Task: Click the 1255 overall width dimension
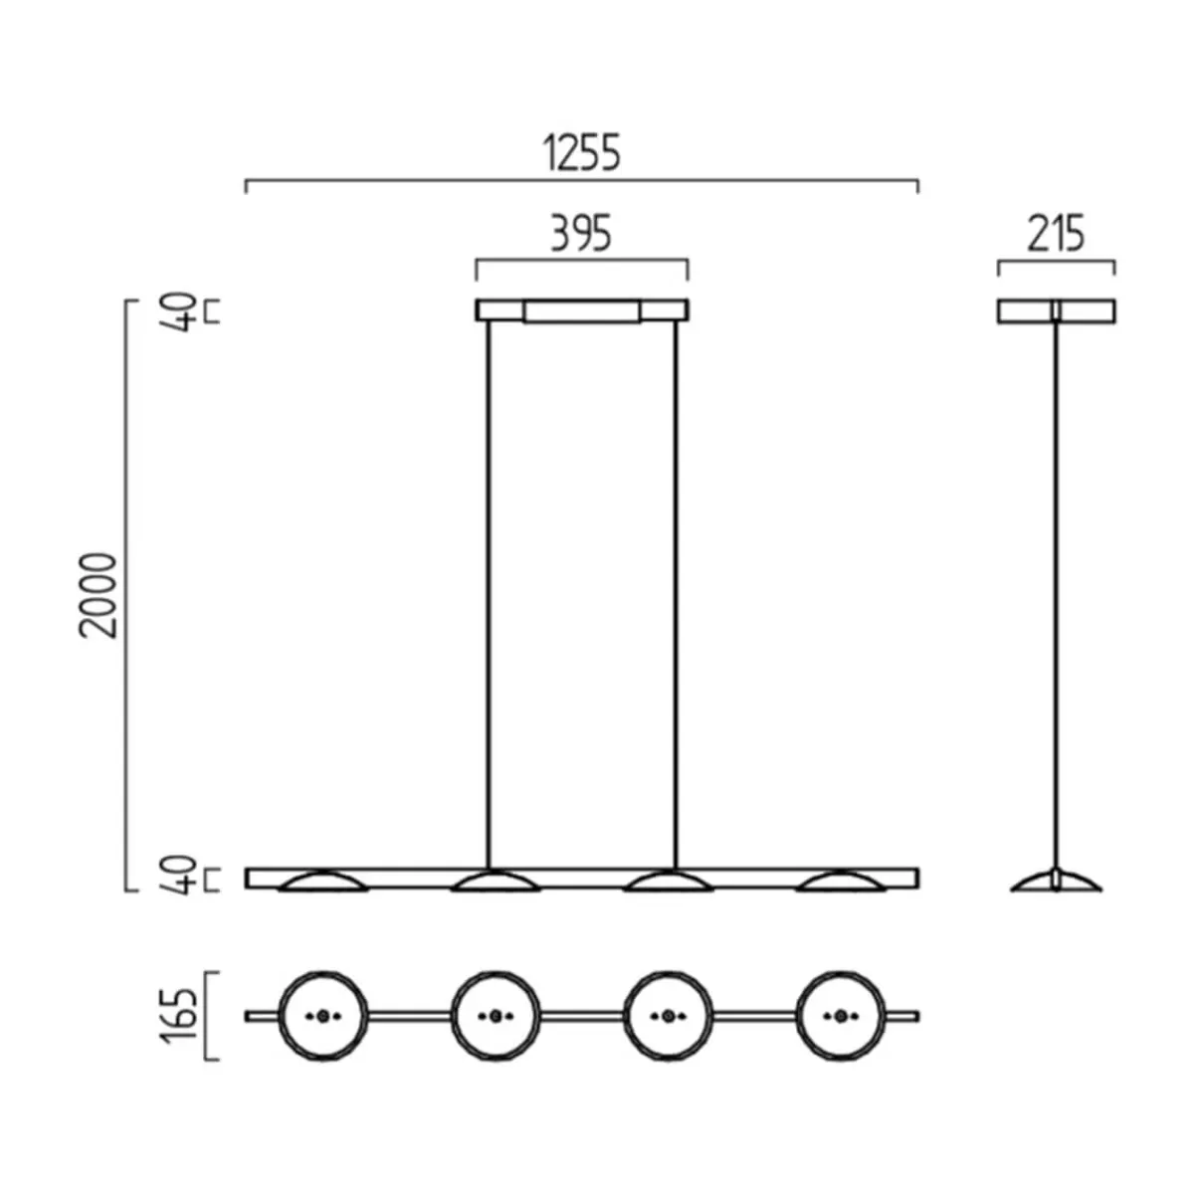point(582,153)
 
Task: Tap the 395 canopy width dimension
point(582,234)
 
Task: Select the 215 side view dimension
point(1056,234)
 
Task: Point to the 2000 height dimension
point(98,596)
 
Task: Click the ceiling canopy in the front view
point(582,310)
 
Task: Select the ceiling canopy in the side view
point(1057,311)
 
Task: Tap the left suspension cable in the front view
point(489,595)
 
